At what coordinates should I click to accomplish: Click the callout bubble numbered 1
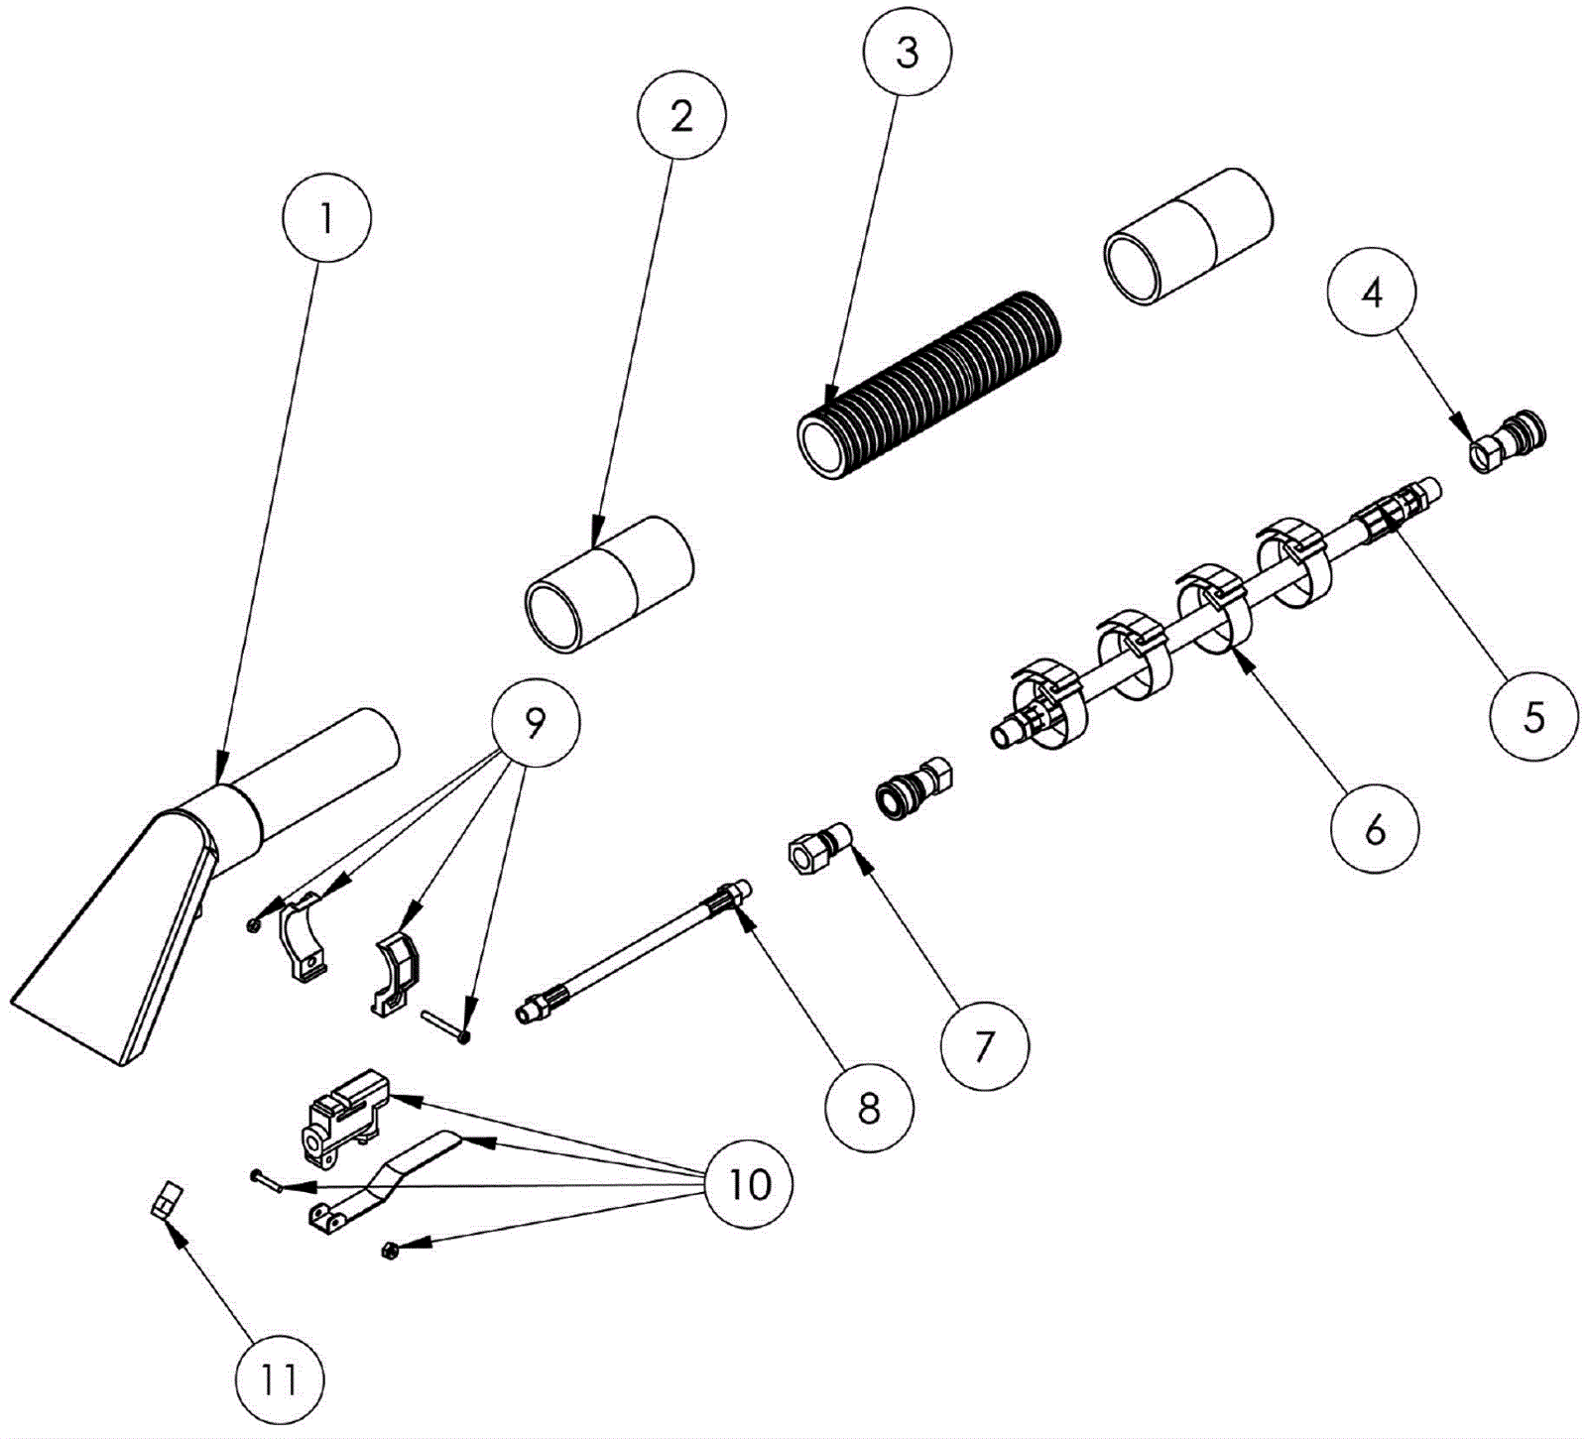[x=326, y=218]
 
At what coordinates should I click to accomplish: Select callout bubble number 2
[x=681, y=116]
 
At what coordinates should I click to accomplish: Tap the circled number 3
[x=907, y=53]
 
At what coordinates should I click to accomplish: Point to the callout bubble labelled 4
[x=1372, y=294]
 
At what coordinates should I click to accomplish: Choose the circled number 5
[x=1533, y=716]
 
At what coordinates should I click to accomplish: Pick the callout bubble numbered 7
[x=984, y=1046]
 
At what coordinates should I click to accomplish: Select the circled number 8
[x=869, y=1108]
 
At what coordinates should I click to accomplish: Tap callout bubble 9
[x=535, y=725]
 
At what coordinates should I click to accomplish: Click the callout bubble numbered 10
[x=749, y=1183]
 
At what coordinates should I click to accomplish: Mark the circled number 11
[x=280, y=1379]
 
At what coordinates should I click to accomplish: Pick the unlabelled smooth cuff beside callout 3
[x=1187, y=236]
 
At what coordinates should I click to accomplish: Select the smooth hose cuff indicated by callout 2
[x=608, y=583]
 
